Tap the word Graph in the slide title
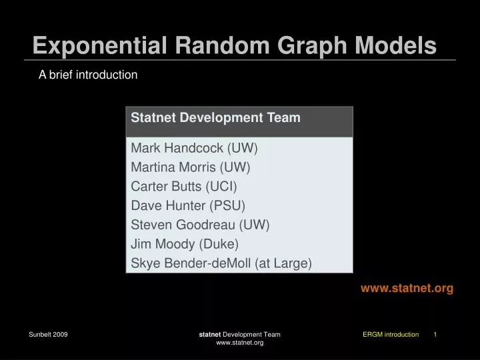click(x=309, y=45)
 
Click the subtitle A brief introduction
click(x=88, y=75)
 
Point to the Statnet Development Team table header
click(x=215, y=118)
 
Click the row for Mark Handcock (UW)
click(x=194, y=148)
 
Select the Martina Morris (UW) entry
click(x=191, y=167)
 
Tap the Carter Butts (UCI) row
click(x=184, y=186)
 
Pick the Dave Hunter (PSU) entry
click(x=188, y=205)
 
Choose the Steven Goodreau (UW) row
click(x=200, y=225)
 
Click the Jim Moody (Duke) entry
click(x=185, y=244)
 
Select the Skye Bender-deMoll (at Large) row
click(x=221, y=263)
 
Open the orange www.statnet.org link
click(x=407, y=288)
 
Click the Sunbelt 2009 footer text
click(x=48, y=334)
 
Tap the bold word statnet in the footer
click(x=210, y=334)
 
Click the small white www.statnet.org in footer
click(x=240, y=343)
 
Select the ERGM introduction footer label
click(x=391, y=334)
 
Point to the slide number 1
click(x=435, y=334)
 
